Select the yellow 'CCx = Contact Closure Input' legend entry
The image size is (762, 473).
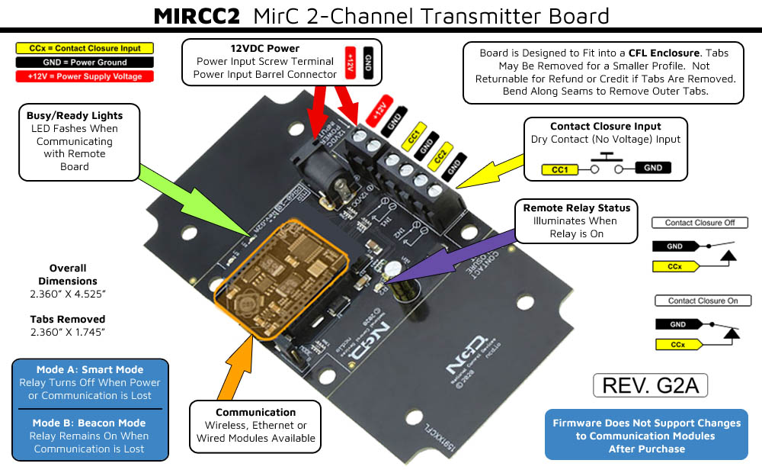85,48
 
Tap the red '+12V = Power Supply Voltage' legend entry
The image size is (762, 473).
85,76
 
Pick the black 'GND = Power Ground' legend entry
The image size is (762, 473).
85,63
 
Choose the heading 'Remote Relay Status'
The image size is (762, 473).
576,208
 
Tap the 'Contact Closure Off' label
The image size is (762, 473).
700,223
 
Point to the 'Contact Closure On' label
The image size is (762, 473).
703,301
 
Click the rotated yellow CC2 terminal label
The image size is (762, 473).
439,159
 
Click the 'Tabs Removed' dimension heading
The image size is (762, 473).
68,319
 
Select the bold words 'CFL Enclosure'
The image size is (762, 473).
663,53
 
